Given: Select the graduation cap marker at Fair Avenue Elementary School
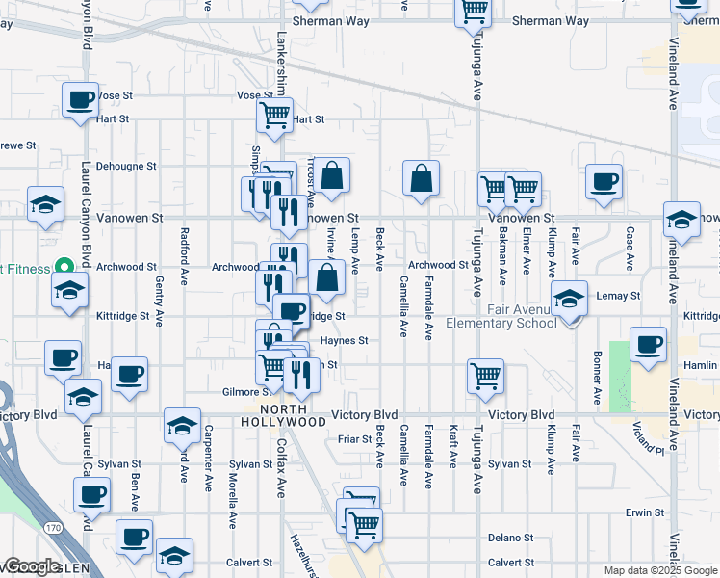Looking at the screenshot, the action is tap(570, 299).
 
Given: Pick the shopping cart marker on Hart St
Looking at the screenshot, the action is tap(275, 116).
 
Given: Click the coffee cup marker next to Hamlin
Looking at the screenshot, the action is tap(648, 344).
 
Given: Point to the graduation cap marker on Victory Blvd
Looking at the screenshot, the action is tap(182, 424).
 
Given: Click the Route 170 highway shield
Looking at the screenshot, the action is tap(54, 528).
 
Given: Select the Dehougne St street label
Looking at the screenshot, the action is tap(126, 166).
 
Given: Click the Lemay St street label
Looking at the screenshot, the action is tap(618, 296).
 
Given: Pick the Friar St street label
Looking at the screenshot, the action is tap(355, 438).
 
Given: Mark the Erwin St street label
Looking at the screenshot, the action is tap(645, 512).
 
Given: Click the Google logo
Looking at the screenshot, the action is tap(31, 566).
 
